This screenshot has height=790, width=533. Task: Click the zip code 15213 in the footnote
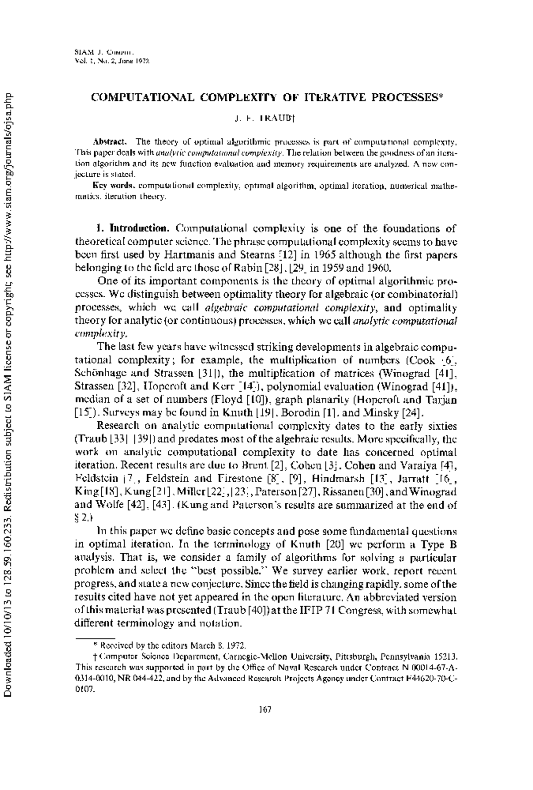click(446, 656)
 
